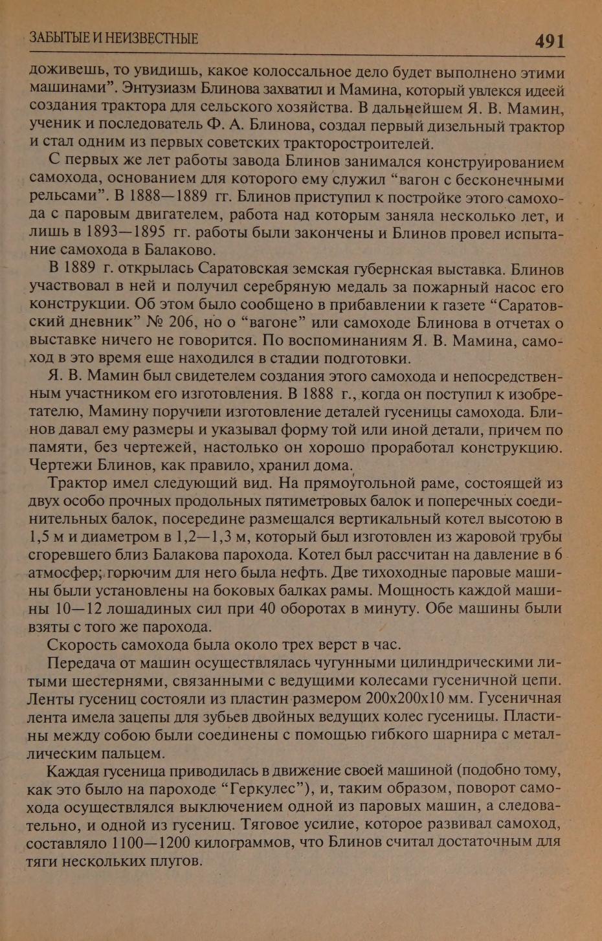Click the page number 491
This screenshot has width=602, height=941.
(x=550, y=41)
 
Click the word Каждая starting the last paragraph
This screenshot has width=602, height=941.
(x=73, y=771)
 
